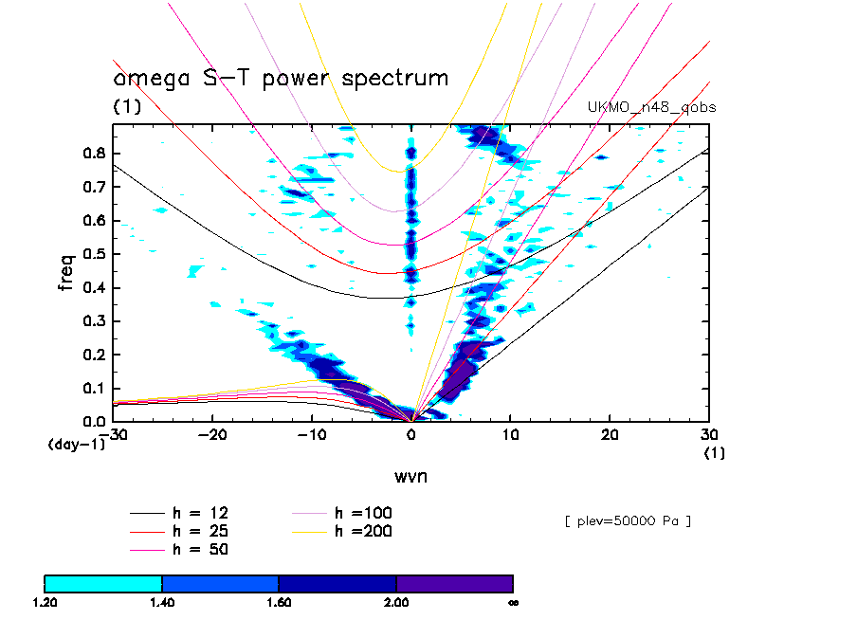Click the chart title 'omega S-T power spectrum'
tap(281, 79)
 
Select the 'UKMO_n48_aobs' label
tap(652, 108)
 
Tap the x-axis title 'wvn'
tap(410, 476)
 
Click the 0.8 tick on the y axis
tap(93, 154)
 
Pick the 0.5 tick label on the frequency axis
tap(93, 254)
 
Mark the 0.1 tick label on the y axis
tap(93, 388)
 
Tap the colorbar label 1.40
tap(162, 602)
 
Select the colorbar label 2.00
tap(396, 602)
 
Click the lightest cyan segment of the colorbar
tap(103, 583)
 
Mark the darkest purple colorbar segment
tap(455, 583)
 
